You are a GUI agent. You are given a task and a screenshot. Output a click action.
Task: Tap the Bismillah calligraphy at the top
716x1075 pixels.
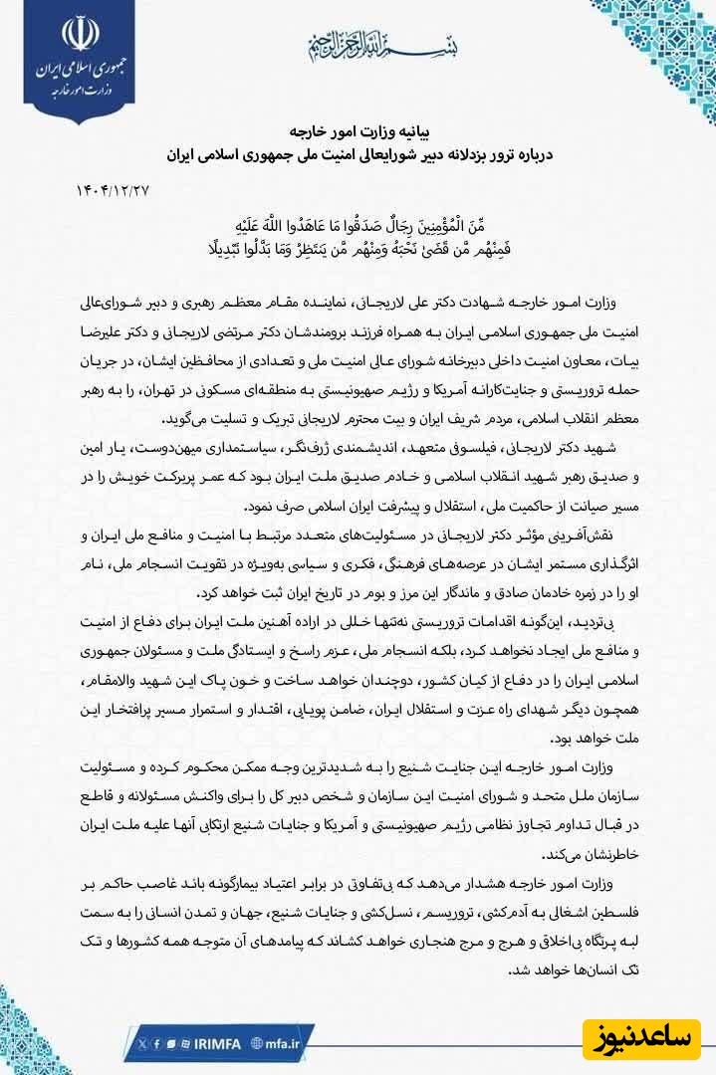click(x=358, y=45)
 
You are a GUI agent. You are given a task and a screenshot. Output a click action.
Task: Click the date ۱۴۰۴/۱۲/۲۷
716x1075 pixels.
click(x=110, y=189)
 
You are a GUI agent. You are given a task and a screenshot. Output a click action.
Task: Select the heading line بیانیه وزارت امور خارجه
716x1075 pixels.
click(x=358, y=131)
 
